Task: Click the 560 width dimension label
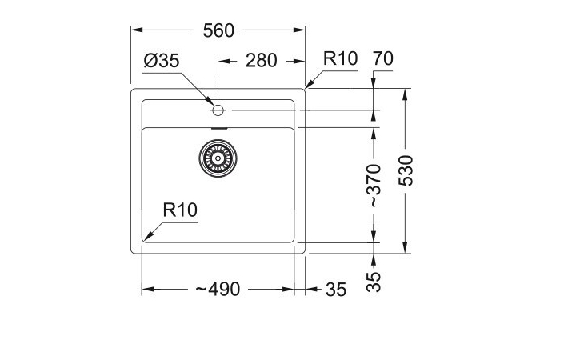click(x=218, y=30)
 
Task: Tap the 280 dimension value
click(x=261, y=61)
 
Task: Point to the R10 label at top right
click(x=340, y=59)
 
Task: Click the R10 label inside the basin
click(x=179, y=210)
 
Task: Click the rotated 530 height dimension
click(x=407, y=170)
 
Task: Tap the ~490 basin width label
click(x=217, y=290)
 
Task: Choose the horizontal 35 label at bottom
click(x=336, y=290)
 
